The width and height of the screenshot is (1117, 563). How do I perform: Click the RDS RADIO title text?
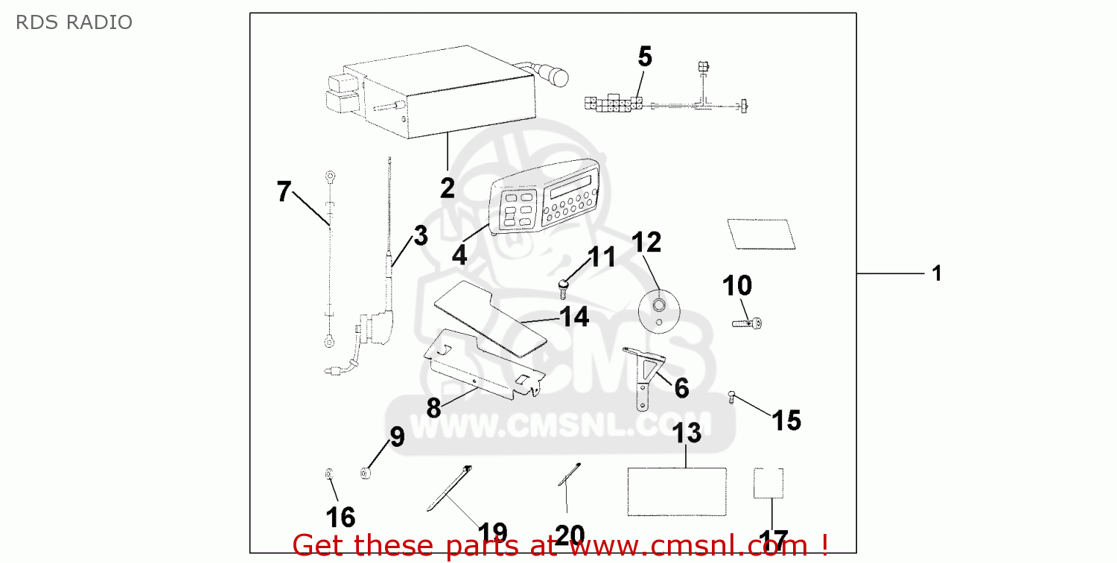click(74, 22)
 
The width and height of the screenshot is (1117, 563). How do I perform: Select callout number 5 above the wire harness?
click(645, 57)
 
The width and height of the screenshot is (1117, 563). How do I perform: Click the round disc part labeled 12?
click(659, 312)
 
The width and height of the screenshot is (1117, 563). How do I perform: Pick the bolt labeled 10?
click(747, 324)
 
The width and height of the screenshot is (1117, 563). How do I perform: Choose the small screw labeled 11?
click(564, 289)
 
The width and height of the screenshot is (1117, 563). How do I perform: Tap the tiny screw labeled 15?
click(731, 397)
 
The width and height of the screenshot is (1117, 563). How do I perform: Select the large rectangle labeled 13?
click(677, 492)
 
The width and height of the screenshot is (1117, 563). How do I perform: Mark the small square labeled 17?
click(768, 483)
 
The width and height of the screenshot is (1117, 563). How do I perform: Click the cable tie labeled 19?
click(449, 489)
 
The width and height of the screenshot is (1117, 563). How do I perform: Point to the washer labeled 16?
click(329, 473)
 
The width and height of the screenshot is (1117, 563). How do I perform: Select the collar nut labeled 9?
click(366, 473)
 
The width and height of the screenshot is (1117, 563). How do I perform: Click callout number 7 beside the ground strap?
click(284, 191)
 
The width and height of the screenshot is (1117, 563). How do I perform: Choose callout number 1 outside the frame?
click(937, 273)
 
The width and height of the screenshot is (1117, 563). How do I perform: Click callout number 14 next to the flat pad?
click(574, 317)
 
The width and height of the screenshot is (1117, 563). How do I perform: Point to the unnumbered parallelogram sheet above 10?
click(762, 234)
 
